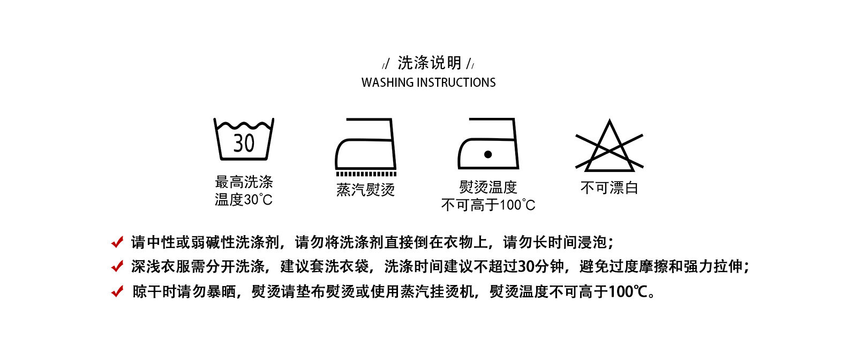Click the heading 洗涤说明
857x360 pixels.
(429, 63)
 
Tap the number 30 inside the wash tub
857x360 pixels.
(244, 143)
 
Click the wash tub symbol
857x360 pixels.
(244, 139)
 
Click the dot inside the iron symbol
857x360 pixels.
(487, 154)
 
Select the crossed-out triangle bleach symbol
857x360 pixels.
(609, 146)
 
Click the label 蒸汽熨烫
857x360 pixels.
(365, 190)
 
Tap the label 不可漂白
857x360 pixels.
(609, 188)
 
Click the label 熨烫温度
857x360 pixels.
(488, 187)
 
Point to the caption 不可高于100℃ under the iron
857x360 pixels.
(488, 205)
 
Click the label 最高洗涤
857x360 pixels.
(244, 182)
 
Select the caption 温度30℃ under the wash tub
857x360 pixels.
(244, 200)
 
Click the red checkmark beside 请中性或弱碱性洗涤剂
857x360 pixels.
(117, 242)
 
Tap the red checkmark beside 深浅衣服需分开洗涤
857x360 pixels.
(117, 266)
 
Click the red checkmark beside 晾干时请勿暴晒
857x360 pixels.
(117, 291)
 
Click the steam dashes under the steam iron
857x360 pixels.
(366, 174)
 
